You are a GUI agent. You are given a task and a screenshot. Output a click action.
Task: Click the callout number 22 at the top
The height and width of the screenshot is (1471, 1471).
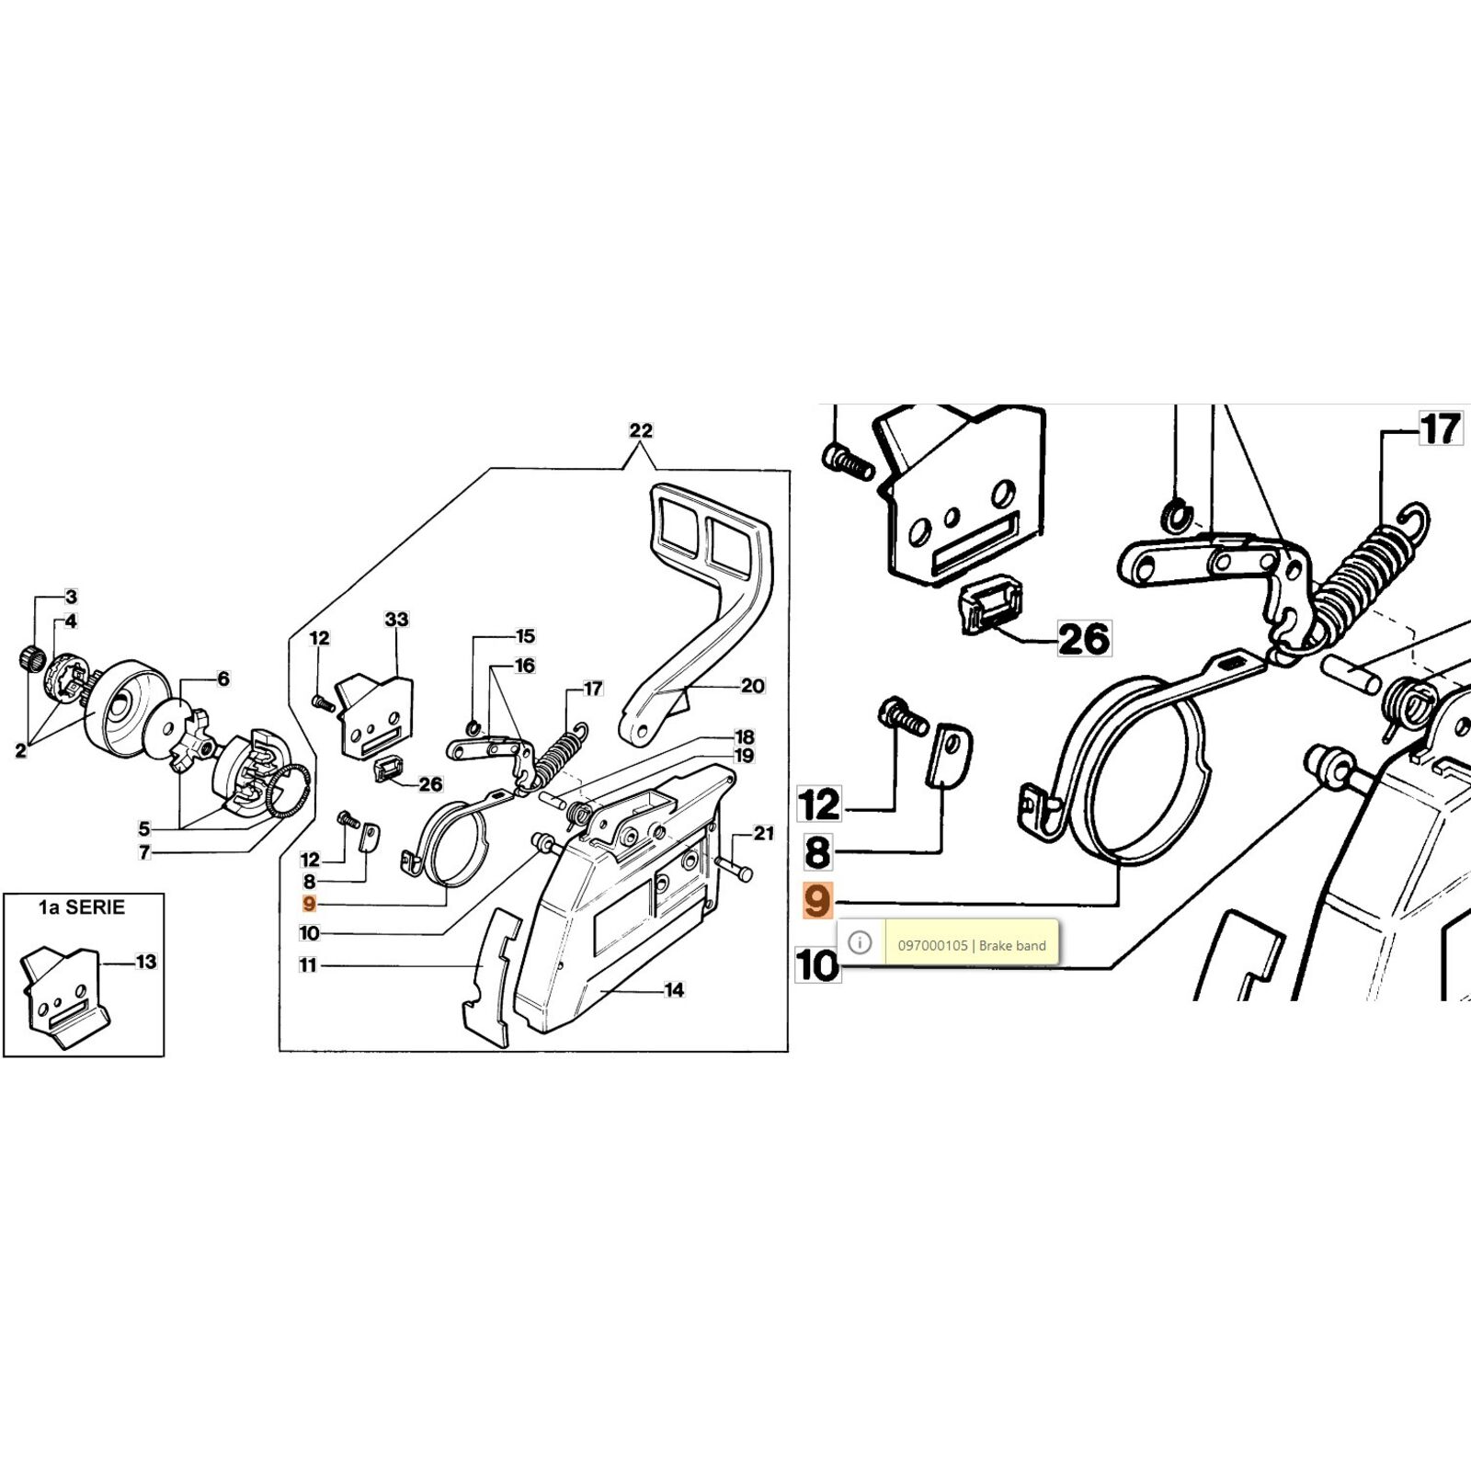click(x=641, y=430)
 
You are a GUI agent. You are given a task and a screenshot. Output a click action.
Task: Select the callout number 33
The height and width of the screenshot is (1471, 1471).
click(x=397, y=620)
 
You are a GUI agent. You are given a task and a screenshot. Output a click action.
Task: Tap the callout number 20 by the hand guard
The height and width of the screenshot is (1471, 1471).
click(x=753, y=686)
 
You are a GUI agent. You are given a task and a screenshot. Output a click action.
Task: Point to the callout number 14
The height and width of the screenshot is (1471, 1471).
click(x=675, y=990)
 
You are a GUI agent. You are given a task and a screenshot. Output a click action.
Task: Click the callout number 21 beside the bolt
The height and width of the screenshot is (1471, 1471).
click(x=764, y=834)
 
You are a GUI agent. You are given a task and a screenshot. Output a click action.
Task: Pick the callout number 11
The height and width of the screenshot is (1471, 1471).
click(x=308, y=965)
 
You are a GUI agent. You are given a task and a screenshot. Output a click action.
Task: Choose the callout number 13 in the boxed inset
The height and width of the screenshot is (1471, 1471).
click(x=146, y=963)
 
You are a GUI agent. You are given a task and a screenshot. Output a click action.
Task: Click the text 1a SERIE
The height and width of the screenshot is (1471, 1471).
click(x=82, y=907)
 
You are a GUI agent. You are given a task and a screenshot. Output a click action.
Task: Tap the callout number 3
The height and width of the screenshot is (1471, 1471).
click(x=72, y=598)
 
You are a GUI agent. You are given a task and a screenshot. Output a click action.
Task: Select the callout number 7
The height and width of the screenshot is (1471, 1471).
click(x=144, y=853)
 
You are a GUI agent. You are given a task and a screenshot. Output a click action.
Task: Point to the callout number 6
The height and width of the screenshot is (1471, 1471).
click(x=223, y=679)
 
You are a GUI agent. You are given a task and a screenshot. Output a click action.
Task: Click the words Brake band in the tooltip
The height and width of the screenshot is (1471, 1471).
click(x=1012, y=945)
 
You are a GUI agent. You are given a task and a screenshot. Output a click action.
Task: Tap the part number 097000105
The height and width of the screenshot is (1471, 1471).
click(x=932, y=945)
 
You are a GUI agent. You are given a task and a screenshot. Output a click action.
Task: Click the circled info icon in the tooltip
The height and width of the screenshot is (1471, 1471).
click(x=860, y=943)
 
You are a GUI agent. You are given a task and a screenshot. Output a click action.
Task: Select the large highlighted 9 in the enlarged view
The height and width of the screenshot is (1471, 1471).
click(x=817, y=902)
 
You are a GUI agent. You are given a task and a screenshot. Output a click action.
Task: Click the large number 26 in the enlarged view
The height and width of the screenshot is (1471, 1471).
click(x=1084, y=639)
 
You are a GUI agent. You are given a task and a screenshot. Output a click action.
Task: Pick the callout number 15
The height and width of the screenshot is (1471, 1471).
click(x=525, y=636)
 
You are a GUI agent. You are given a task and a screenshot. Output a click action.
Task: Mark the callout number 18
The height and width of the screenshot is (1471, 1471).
click(x=744, y=737)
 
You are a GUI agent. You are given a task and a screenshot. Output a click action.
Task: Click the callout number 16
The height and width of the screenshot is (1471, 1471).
click(x=525, y=666)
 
